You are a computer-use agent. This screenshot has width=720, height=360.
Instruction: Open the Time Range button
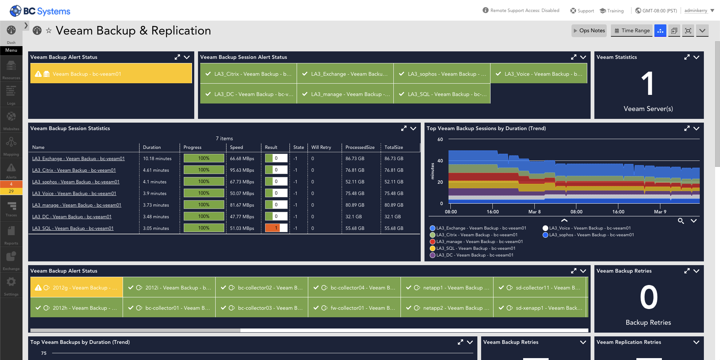[632, 31]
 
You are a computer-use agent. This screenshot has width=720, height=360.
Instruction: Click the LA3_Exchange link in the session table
[78, 159]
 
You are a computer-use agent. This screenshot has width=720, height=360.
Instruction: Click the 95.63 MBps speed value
[242, 170]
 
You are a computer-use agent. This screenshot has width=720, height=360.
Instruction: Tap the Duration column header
[152, 147]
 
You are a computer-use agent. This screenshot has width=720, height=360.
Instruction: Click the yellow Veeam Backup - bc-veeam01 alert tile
[111, 74]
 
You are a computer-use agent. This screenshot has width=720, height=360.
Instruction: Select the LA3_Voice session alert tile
[539, 74]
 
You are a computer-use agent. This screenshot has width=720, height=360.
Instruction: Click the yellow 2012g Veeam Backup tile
[76, 288]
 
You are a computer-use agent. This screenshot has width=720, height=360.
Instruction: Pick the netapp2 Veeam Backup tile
[447, 308]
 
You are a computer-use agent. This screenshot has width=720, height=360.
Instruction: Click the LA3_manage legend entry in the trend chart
[479, 241]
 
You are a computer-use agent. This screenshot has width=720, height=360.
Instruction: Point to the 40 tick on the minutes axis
[440, 161]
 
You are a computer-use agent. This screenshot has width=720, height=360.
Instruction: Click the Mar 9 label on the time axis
[660, 212]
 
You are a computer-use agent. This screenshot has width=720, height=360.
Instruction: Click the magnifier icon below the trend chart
[681, 221]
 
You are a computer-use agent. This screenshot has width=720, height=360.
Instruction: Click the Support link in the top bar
[582, 11]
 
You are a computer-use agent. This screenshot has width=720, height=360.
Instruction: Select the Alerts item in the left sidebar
[11, 171]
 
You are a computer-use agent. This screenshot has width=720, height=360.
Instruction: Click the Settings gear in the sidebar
[11, 285]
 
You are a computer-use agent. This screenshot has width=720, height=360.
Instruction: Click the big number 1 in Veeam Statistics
[648, 84]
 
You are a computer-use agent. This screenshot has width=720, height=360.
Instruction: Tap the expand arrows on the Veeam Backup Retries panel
[687, 271]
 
